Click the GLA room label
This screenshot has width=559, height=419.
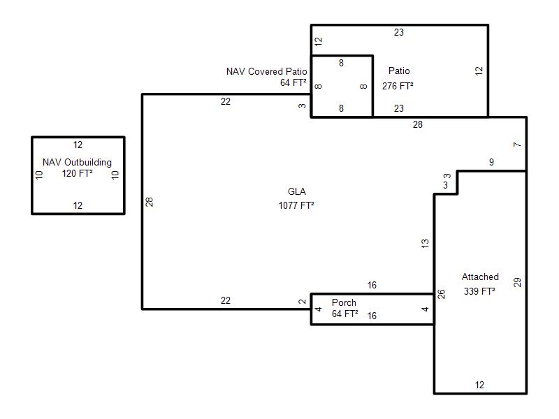point(296,191)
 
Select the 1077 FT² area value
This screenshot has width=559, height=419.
point(296,205)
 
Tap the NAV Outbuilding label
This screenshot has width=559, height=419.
point(77,163)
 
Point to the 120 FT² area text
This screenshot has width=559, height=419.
point(78,173)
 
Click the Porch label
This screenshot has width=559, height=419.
point(344,302)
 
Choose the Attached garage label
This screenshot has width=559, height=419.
point(480,277)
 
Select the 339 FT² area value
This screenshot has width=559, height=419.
point(479,291)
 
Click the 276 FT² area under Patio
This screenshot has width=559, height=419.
point(398,86)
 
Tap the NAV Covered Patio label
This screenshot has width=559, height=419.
point(267,72)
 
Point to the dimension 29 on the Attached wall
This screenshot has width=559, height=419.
point(517,283)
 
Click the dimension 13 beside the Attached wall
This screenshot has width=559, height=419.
point(425,243)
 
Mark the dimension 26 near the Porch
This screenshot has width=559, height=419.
point(442,294)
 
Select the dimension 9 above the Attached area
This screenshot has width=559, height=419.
point(492,162)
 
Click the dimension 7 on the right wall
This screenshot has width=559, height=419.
point(517,145)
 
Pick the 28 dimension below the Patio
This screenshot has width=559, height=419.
point(418,124)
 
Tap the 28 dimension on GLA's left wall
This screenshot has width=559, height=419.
point(150,202)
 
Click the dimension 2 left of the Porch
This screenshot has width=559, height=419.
point(303,302)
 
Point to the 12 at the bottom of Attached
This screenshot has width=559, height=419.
point(479,385)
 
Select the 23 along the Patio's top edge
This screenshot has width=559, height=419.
point(399,32)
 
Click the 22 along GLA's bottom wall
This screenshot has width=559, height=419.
point(226,300)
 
